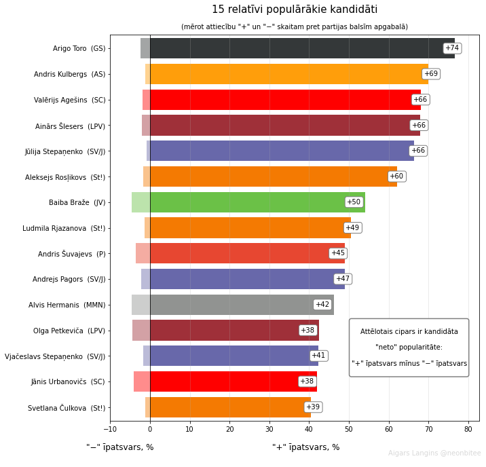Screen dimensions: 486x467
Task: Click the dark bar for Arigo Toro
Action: (302, 48)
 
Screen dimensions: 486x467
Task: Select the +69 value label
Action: (431, 74)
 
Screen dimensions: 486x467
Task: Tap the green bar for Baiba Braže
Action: (257, 202)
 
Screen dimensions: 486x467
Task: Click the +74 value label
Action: (452, 48)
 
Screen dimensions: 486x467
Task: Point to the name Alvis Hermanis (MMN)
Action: (67, 305)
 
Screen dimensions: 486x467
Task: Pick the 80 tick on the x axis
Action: (468, 429)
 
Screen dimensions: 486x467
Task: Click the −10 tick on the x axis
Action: (110, 429)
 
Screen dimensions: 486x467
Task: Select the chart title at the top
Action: (295, 10)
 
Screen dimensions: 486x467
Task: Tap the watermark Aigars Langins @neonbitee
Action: (434, 453)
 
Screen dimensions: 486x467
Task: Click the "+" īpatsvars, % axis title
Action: (306, 447)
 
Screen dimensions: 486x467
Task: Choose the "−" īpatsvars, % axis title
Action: (120, 447)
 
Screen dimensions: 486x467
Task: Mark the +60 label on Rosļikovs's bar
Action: (396, 176)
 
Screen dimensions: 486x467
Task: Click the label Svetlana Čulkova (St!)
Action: (67, 408)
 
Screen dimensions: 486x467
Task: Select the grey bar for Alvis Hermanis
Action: (242, 305)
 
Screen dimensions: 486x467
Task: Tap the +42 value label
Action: (322, 305)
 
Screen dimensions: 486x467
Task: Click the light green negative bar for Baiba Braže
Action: (141, 202)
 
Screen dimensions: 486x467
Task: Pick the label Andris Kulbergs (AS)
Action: (70, 74)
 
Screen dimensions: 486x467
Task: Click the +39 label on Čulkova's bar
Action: (313, 407)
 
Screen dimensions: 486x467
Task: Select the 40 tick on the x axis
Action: (309, 429)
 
